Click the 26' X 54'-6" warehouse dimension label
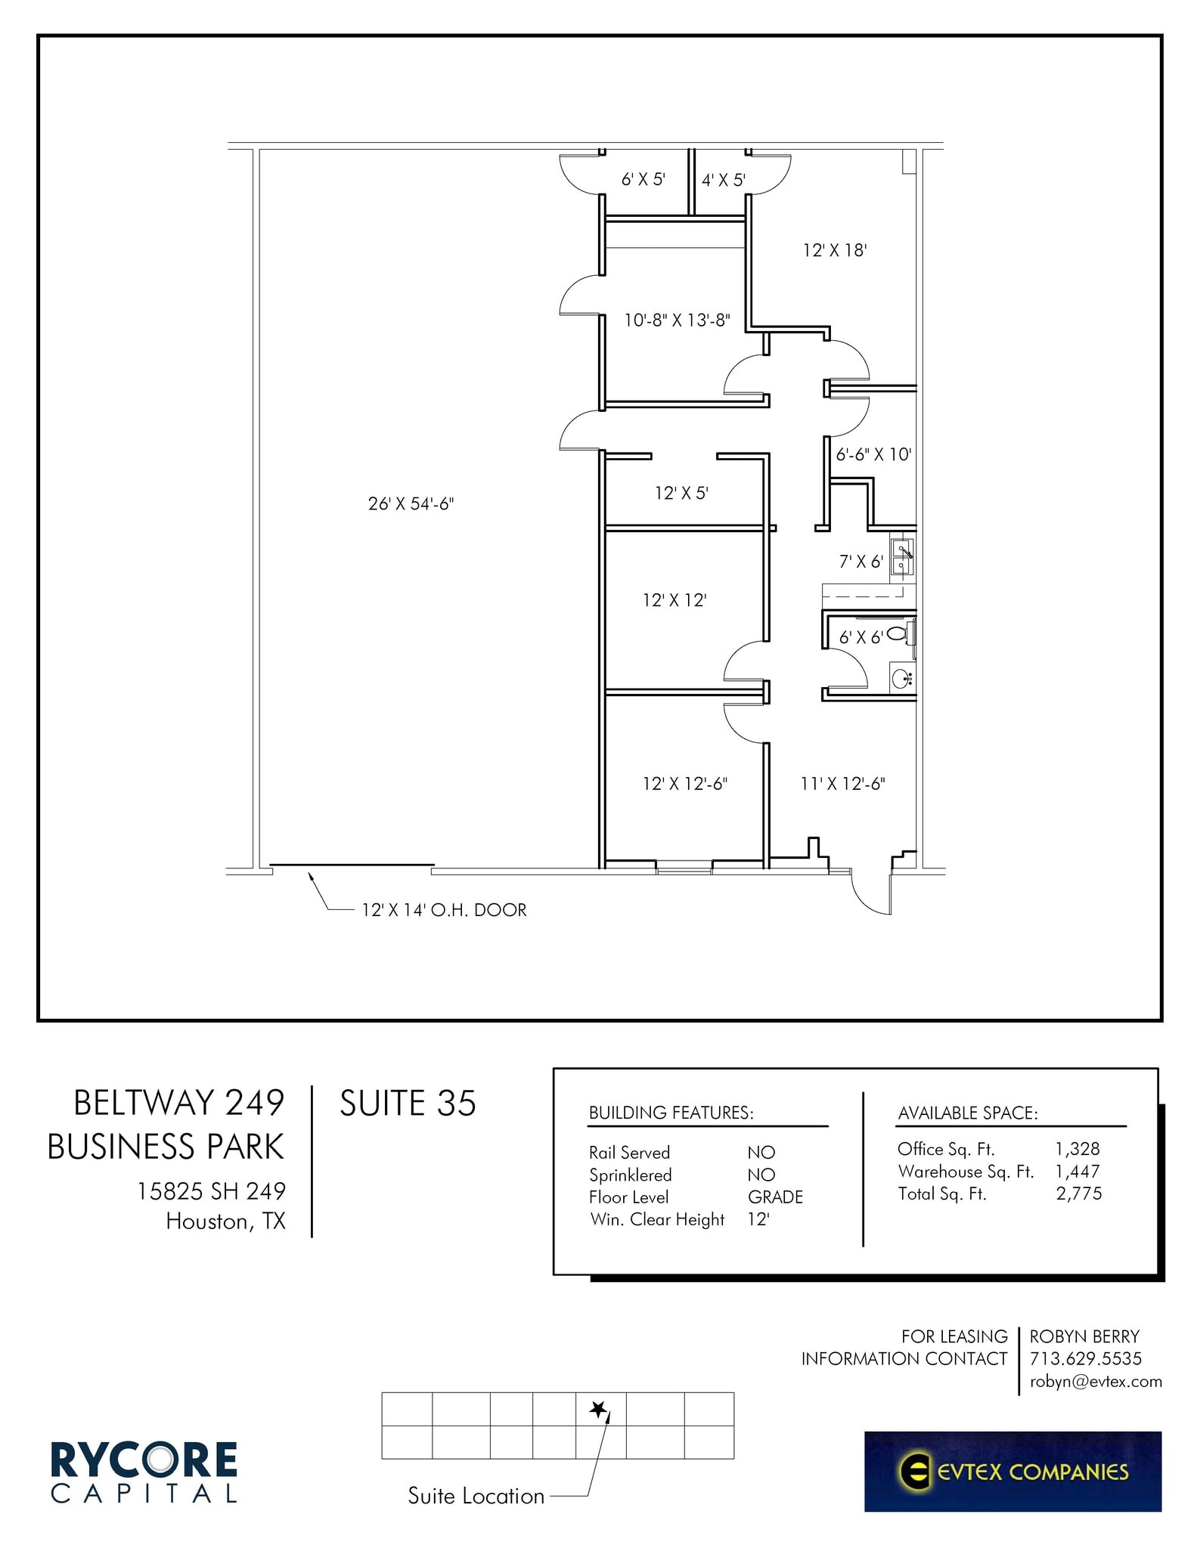(x=411, y=503)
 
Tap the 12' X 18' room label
(x=834, y=250)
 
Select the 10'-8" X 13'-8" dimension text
(x=677, y=320)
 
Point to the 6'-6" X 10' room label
(x=873, y=454)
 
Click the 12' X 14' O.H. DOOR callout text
(x=444, y=910)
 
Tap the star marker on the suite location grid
(x=598, y=1409)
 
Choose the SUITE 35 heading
(x=408, y=1104)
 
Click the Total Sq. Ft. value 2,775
(x=1079, y=1194)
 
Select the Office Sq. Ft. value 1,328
(x=1078, y=1149)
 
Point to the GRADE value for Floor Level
(x=775, y=1197)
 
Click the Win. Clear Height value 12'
(x=758, y=1219)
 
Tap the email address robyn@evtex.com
(x=1095, y=1382)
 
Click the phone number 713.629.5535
(x=1085, y=1358)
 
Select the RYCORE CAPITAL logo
(x=144, y=1471)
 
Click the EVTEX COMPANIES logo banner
(x=1012, y=1471)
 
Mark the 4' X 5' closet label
(x=724, y=180)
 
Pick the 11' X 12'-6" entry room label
(x=842, y=784)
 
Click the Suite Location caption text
(x=476, y=1496)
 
